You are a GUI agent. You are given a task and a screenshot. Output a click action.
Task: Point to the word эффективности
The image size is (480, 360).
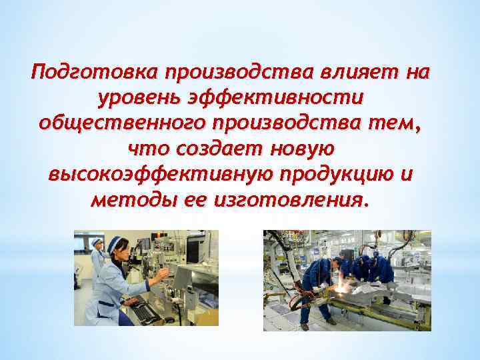(x=287, y=97)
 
